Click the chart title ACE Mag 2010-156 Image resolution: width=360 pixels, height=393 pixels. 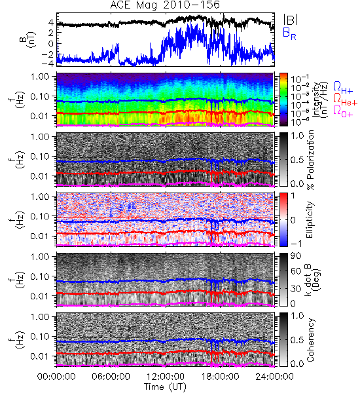click(165, 5)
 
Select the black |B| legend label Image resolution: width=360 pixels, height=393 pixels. click(291, 20)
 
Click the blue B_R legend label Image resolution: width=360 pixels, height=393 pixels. click(289, 33)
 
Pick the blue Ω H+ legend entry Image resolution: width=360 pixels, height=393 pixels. click(343, 88)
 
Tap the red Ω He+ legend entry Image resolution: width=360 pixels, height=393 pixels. click(345, 100)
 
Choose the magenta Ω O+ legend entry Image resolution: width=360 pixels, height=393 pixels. click(343, 111)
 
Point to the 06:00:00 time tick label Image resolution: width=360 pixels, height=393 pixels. click(111, 377)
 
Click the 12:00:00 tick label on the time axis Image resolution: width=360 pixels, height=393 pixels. click(166, 377)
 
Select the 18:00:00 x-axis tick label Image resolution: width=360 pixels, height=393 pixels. click(220, 377)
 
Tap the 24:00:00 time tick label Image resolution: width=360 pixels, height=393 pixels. click(274, 377)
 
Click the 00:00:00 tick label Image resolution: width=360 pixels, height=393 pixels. click(56, 377)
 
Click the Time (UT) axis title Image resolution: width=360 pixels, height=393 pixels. click(165, 387)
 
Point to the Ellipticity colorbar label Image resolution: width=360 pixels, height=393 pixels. click(310, 220)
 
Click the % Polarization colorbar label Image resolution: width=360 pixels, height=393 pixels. click(310, 160)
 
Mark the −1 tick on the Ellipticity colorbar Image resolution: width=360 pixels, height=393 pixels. click(296, 244)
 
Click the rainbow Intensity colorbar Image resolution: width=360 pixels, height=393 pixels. click(283, 100)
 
